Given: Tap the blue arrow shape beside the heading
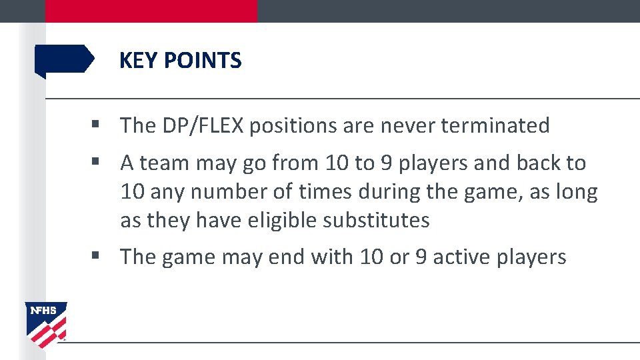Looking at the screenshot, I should coord(64,59).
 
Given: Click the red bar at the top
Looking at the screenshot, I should coord(151,11).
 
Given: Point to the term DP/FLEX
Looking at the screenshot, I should coord(204,125).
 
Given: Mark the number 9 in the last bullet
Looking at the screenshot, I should coord(421,257).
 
